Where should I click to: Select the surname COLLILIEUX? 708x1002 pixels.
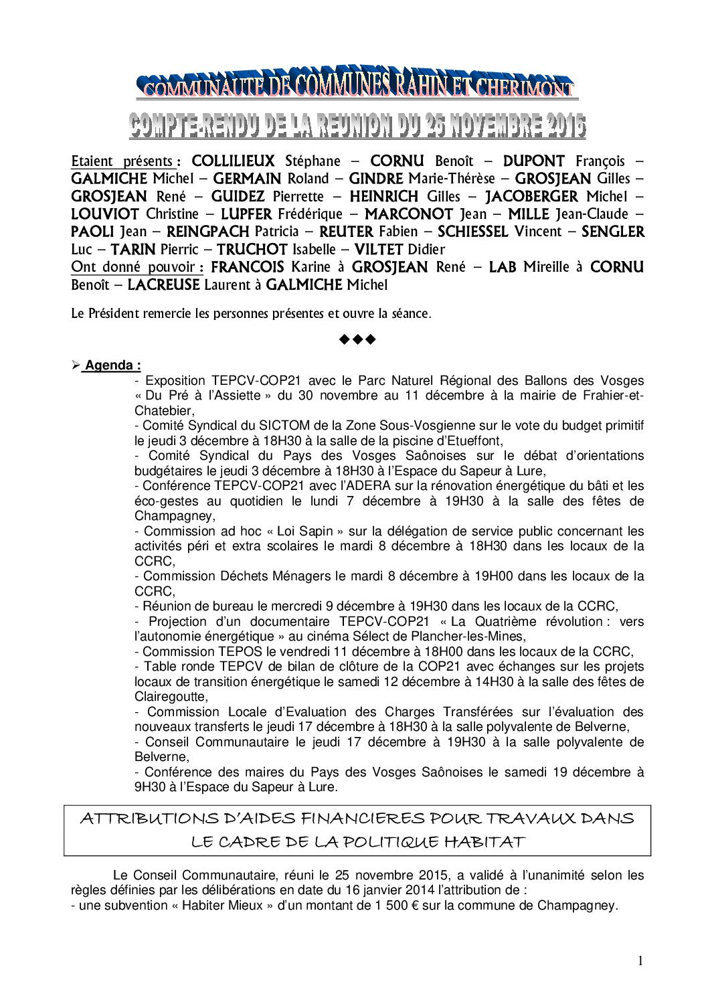(x=233, y=161)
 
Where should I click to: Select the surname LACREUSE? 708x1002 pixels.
(x=164, y=285)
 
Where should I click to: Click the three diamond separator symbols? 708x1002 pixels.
(x=358, y=339)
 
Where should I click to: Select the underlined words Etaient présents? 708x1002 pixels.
(x=123, y=161)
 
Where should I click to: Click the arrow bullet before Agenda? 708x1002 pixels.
(x=76, y=365)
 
